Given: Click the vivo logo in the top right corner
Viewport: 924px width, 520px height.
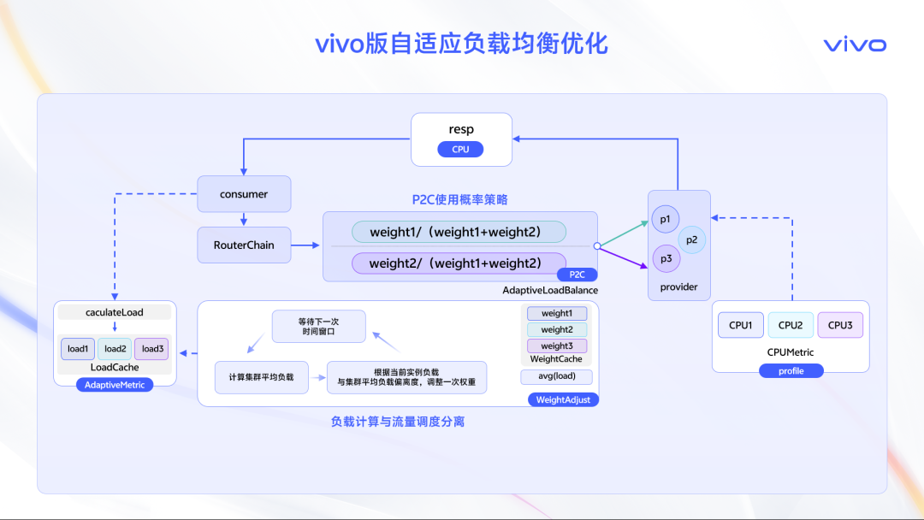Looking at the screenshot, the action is coord(855,44).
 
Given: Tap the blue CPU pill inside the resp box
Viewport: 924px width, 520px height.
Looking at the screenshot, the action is coord(460,150).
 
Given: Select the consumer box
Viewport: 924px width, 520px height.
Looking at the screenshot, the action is coord(244,194).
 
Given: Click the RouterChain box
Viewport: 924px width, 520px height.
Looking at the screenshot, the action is coord(244,245).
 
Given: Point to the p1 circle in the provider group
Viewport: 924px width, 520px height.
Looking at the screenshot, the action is coord(666,219).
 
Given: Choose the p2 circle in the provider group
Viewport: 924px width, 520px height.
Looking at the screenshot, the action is coord(692,239).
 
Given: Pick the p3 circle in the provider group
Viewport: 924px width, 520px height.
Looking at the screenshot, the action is coord(666,258).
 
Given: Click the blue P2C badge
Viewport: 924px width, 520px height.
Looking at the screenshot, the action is coord(577,275).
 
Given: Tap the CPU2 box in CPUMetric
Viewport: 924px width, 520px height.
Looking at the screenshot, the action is coord(791,325).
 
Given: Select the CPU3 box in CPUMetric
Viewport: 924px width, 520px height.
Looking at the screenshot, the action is coord(840,325).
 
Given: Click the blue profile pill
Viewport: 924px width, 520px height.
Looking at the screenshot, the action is coord(791,371).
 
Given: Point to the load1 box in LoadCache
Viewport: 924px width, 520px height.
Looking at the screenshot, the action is coord(78,349).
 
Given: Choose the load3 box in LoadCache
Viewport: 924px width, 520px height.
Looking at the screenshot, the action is coord(152,349).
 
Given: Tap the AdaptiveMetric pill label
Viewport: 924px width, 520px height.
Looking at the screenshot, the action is coord(115,385).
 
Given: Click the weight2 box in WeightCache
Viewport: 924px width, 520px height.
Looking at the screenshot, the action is coord(557,330).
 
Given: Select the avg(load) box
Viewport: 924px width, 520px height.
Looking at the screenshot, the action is coord(557,376).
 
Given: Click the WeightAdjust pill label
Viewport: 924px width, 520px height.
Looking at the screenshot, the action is coord(563,400).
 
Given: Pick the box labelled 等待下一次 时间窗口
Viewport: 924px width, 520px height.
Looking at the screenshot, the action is coord(319,326).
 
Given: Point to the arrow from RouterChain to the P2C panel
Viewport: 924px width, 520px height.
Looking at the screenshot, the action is coord(305,245).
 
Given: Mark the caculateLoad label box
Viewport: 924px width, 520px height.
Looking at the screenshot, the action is coord(115,312).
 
